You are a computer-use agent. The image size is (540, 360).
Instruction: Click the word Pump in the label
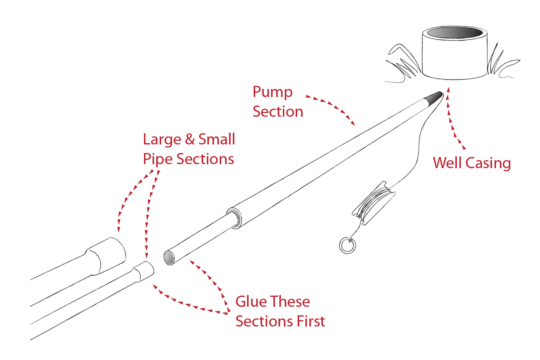point(272,92)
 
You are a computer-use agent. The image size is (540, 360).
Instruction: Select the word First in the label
point(311,321)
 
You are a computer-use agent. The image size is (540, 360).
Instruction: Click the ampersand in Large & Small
point(189,139)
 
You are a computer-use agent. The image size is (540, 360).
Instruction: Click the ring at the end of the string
point(347,245)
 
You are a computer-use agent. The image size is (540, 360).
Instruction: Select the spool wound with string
point(374,202)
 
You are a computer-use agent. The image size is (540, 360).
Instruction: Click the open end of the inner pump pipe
point(169,258)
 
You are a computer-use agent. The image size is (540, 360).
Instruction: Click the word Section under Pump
point(278,112)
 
